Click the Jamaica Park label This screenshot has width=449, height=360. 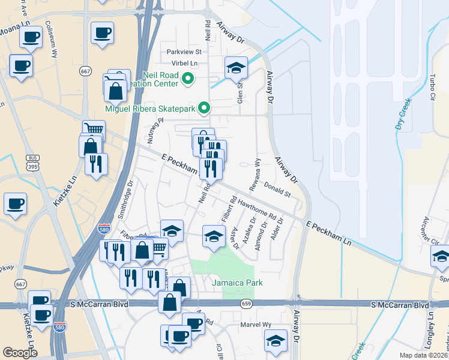pyautogui.click(x=237, y=282)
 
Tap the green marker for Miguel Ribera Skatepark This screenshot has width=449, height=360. pyautogui.click(x=205, y=109)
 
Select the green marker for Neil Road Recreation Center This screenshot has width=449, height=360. pyautogui.click(x=187, y=78)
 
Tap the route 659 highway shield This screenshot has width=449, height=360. pyautogui.click(x=246, y=305)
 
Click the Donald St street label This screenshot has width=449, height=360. pyautogui.click(x=277, y=191)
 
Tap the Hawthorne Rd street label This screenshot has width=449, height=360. pyautogui.click(x=256, y=208)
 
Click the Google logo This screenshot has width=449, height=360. pyautogui.click(x=20, y=353)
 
